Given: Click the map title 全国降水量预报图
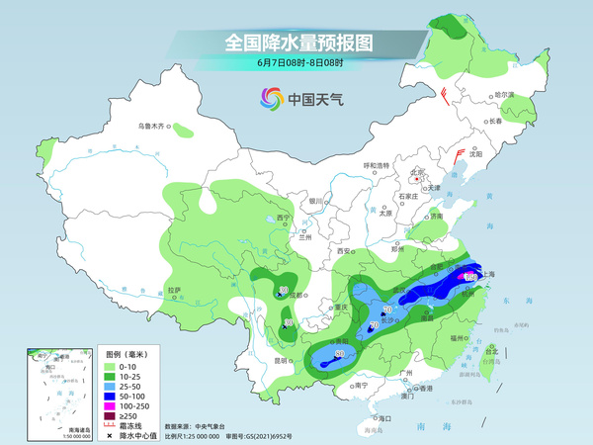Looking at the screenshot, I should pos(296,43).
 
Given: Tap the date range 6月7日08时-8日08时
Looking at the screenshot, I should pos(296,63).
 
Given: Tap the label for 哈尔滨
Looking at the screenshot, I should pos(505,94).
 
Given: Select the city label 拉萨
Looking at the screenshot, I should pos(174,290).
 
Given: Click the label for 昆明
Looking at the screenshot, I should pos(282,360).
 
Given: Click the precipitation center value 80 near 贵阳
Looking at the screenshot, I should pos(339,353).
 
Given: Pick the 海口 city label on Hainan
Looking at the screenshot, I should pos(385,419).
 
